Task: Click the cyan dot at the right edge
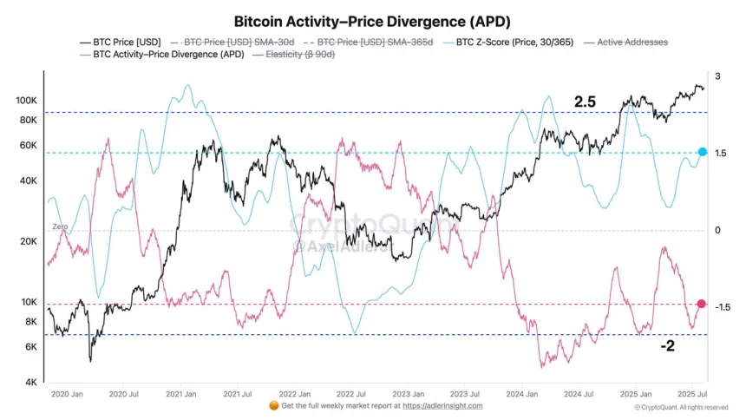pos(703,153)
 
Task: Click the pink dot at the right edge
pos(702,305)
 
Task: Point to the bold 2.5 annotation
pos(585,102)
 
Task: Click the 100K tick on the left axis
pos(26,102)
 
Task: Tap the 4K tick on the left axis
pos(31,383)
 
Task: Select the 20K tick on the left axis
pos(29,242)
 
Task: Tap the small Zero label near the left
pos(60,226)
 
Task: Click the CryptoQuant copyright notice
pos(681,407)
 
